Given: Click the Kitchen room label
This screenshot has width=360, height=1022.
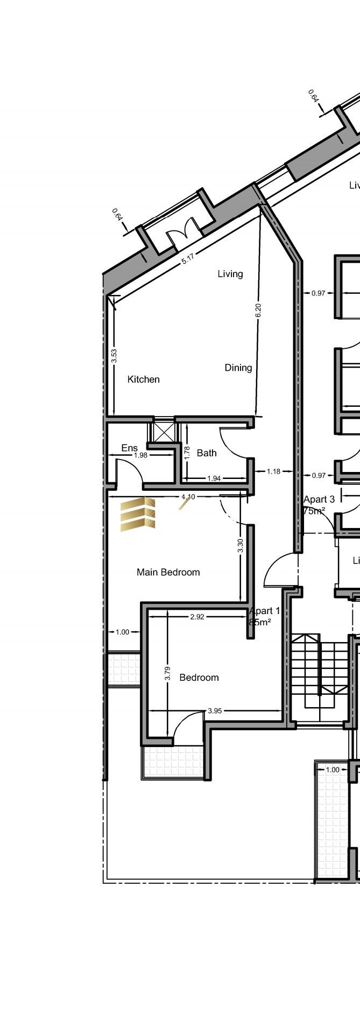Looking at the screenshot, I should pyautogui.click(x=143, y=379).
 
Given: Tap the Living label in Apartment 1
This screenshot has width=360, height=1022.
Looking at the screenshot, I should pyautogui.click(x=230, y=274).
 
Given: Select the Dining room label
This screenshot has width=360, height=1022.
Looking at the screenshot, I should pyautogui.click(x=238, y=368).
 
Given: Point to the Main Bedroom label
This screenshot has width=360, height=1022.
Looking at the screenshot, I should pyautogui.click(x=168, y=572).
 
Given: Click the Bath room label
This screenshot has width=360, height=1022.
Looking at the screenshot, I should pyautogui.click(x=206, y=453).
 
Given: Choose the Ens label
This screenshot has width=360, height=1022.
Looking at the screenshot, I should pyautogui.click(x=129, y=448).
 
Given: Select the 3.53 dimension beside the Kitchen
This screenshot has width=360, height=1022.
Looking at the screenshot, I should pyautogui.click(x=114, y=356).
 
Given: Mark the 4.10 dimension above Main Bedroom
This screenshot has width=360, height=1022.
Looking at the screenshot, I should pyautogui.click(x=188, y=497).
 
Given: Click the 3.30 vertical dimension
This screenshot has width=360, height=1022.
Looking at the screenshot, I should pyautogui.click(x=241, y=546).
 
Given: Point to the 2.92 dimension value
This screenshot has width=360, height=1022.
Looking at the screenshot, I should pyautogui.click(x=197, y=617).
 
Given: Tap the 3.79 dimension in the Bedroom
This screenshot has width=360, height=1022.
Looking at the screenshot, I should pyautogui.click(x=168, y=674).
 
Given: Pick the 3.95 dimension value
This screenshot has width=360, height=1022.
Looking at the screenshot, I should pyautogui.click(x=214, y=711).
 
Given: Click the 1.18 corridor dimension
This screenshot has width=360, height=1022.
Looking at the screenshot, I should pyautogui.click(x=273, y=471).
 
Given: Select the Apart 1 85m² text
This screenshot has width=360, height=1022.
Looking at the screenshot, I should pyautogui.click(x=264, y=616).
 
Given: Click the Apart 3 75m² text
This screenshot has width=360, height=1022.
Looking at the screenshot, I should pyautogui.click(x=319, y=505).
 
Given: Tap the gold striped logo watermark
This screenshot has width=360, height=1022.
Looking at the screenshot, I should pyautogui.click(x=138, y=513).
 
